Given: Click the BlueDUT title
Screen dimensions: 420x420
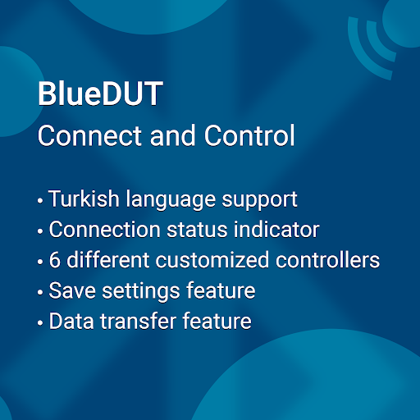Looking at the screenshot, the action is pyautogui.click(x=100, y=94).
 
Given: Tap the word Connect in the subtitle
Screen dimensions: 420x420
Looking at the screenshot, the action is pyautogui.click(x=89, y=135).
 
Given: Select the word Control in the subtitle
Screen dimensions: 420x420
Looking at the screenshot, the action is pyautogui.click(x=249, y=135).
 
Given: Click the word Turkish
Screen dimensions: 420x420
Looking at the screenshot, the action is pyautogui.click(x=84, y=199).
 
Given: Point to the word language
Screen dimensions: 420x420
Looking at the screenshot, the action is pyautogui.click(x=171, y=200).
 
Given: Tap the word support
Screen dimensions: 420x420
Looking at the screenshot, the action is pyautogui.click(x=259, y=201).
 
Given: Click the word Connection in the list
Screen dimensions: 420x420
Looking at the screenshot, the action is pyautogui.click(x=104, y=230).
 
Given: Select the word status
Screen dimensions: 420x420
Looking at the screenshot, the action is pyautogui.click(x=197, y=230).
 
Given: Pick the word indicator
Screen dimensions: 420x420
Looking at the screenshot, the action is pyautogui.click(x=276, y=229).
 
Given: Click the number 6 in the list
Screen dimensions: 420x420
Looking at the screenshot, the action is pyautogui.click(x=55, y=260).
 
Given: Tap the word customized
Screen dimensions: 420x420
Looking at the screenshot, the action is pyautogui.click(x=212, y=260).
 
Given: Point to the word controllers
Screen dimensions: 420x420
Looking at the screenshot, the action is pyautogui.click(x=327, y=260).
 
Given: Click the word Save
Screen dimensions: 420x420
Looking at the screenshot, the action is pyautogui.click(x=72, y=290).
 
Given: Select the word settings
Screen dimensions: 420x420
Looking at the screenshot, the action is pyautogui.click(x=141, y=292).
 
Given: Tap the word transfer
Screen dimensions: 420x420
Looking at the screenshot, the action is pyautogui.click(x=138, y=321).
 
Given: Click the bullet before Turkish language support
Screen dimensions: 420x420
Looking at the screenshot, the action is pyautogui.click(x=40, y=200).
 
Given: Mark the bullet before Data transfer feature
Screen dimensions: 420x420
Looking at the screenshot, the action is pyautogui.click(x=40, y=322).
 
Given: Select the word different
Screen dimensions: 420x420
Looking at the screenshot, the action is pyautogui.click(x=108, y=259).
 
